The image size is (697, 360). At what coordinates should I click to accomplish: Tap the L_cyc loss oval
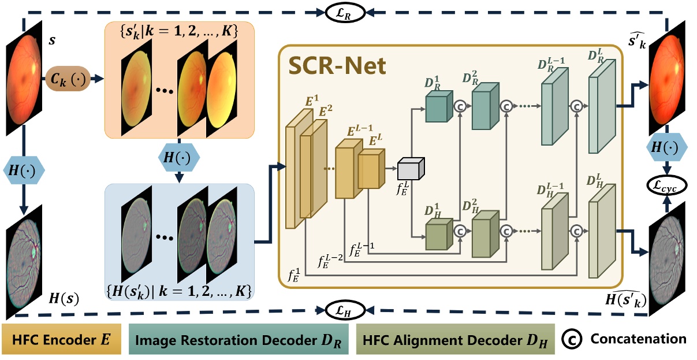(x=667, y=187)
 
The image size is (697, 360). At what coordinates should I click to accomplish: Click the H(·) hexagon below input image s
(x=23, y=170)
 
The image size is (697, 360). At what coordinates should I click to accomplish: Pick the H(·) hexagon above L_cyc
(x=667, y=147)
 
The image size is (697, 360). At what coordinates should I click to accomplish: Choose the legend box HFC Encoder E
(x=59, y=339)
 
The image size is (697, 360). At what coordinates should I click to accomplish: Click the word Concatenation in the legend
(x=638, y=339)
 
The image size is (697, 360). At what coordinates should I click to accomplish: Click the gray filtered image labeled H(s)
(x=23, y=254)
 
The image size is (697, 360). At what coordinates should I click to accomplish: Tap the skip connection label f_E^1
(x=295, y=273)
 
